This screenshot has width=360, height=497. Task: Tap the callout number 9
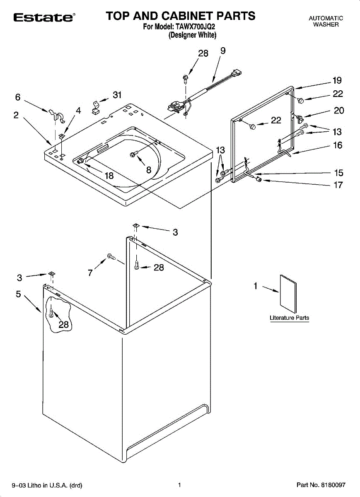coord(223,51)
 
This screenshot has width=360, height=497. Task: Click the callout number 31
coord(117,95)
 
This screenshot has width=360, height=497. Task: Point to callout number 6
coord(17,97)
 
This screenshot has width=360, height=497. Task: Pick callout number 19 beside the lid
coord(337,81)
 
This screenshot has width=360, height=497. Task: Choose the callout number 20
coord(338,111)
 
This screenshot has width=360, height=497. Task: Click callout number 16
coord(338,145)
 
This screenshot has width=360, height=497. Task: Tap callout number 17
coord(338,185)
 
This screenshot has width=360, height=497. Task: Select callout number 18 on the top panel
coord(109,176)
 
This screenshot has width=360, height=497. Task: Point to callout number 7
coord(90,273)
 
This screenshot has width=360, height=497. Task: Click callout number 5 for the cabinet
coord(18,294)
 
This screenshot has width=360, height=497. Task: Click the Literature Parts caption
coord(289,318)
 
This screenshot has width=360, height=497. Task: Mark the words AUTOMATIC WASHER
coord(326,21)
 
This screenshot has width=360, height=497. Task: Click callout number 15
coord(338,173)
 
